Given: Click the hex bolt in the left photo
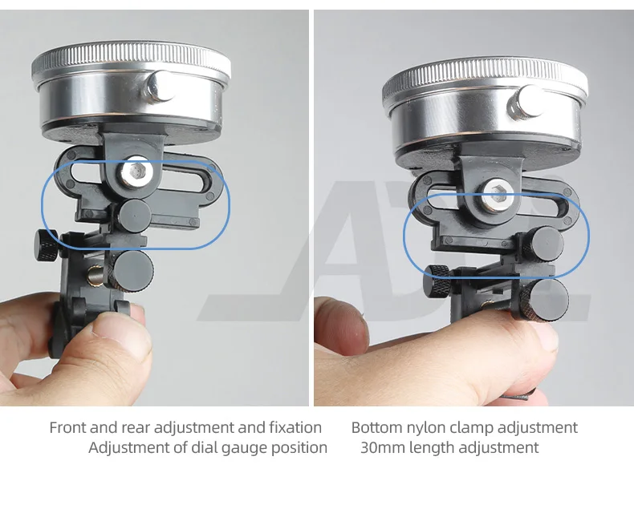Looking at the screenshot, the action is (x=136, y=172).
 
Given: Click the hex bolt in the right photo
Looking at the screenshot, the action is (x=498, y=195).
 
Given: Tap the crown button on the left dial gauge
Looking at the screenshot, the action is (x=161, y=87).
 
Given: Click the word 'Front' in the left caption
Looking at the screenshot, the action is (x=68, y=427).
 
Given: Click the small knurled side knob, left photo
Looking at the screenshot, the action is (x=47, y=245).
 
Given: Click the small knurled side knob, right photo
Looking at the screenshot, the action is (x=437, y=281).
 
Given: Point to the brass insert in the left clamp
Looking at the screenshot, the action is (x=95, y=277).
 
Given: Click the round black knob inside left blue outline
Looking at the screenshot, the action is (x=134, y=216).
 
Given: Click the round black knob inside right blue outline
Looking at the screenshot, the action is (x=546, y=243).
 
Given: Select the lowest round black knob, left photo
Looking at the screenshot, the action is (x=132, y=269).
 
